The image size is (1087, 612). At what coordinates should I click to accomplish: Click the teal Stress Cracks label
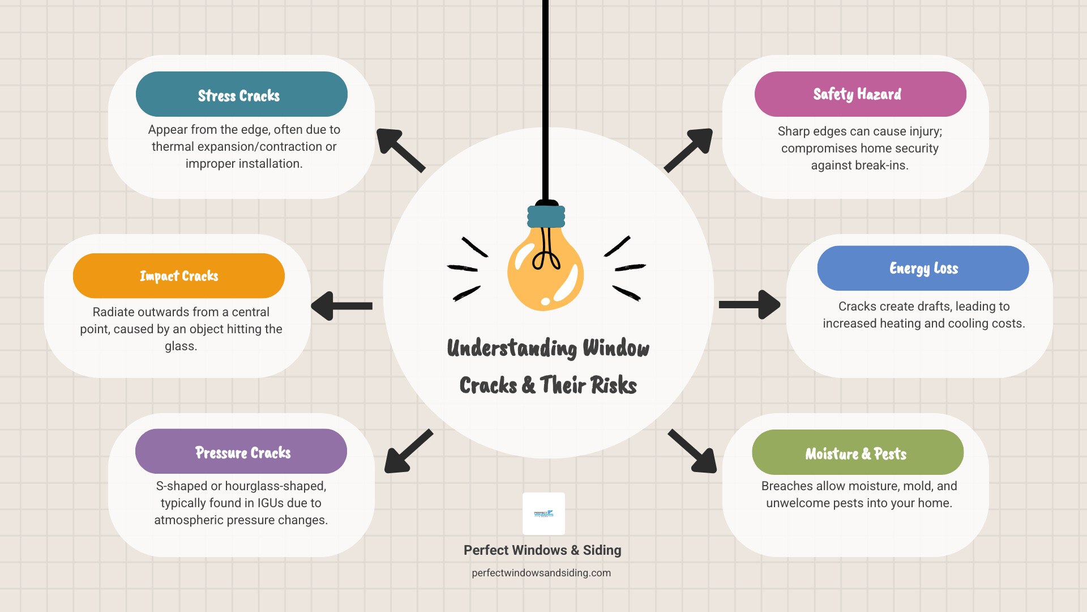[x=241, y=94]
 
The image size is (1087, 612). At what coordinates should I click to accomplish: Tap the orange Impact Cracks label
[x=179, y=276]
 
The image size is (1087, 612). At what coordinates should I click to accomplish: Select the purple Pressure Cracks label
[x=241, y=452]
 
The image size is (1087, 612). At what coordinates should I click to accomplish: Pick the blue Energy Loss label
[x=923, y=268]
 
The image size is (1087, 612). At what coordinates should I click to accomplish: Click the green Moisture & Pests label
[x=857, y=453]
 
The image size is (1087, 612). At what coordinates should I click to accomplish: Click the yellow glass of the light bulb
[x=545, y=272]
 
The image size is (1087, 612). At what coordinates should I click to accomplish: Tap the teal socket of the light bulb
[x=546, y=216]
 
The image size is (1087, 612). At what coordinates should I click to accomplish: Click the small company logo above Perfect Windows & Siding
[x=543, y=513]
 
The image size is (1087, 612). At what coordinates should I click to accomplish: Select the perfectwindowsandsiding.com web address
[x=541, y=573]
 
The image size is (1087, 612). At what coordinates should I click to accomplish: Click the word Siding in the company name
[x=602, y=550]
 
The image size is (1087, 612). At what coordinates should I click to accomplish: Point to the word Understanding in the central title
[x=511, y=348]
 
